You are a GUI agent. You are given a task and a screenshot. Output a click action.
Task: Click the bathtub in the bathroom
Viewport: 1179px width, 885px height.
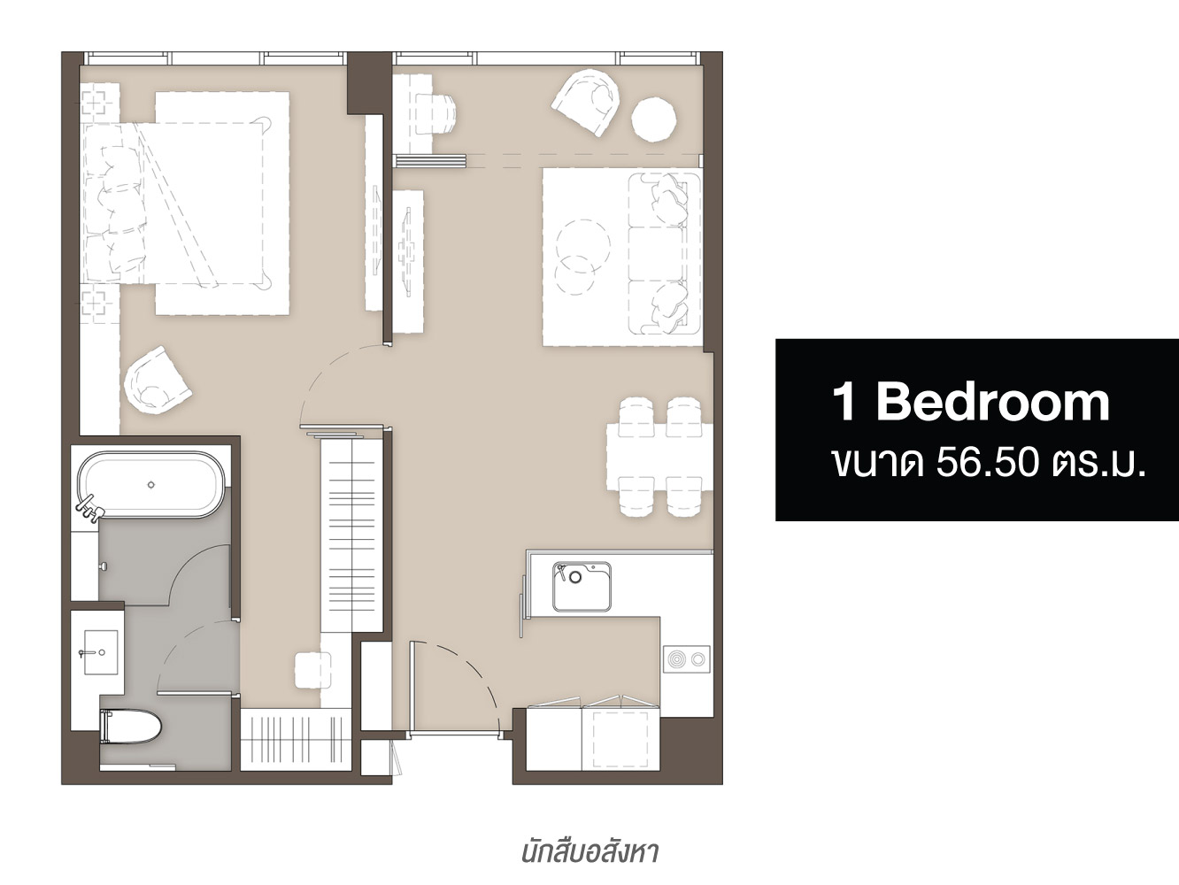(150, 485)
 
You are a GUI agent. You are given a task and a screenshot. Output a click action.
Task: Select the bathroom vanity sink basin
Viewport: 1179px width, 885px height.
(101, 652)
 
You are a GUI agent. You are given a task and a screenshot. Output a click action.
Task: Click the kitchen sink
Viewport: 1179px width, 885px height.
(582, 587)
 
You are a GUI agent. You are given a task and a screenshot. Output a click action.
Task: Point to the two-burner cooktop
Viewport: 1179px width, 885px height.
(687, 659)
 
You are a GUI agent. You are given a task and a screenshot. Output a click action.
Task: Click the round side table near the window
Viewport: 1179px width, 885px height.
(653, 119)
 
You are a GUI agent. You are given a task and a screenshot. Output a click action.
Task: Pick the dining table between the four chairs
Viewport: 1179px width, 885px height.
(660, 457)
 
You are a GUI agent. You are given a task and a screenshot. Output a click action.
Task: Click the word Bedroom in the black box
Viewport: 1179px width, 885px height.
(993, 403)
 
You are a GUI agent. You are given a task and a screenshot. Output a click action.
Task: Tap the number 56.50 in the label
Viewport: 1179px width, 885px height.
(987, 463)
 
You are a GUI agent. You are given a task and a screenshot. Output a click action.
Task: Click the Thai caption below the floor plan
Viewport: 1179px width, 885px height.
(589, 852)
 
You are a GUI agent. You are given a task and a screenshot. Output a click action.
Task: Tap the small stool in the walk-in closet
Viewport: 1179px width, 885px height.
(312, 670)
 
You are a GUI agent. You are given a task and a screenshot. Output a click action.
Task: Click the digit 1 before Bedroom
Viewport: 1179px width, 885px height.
(845, 403)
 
